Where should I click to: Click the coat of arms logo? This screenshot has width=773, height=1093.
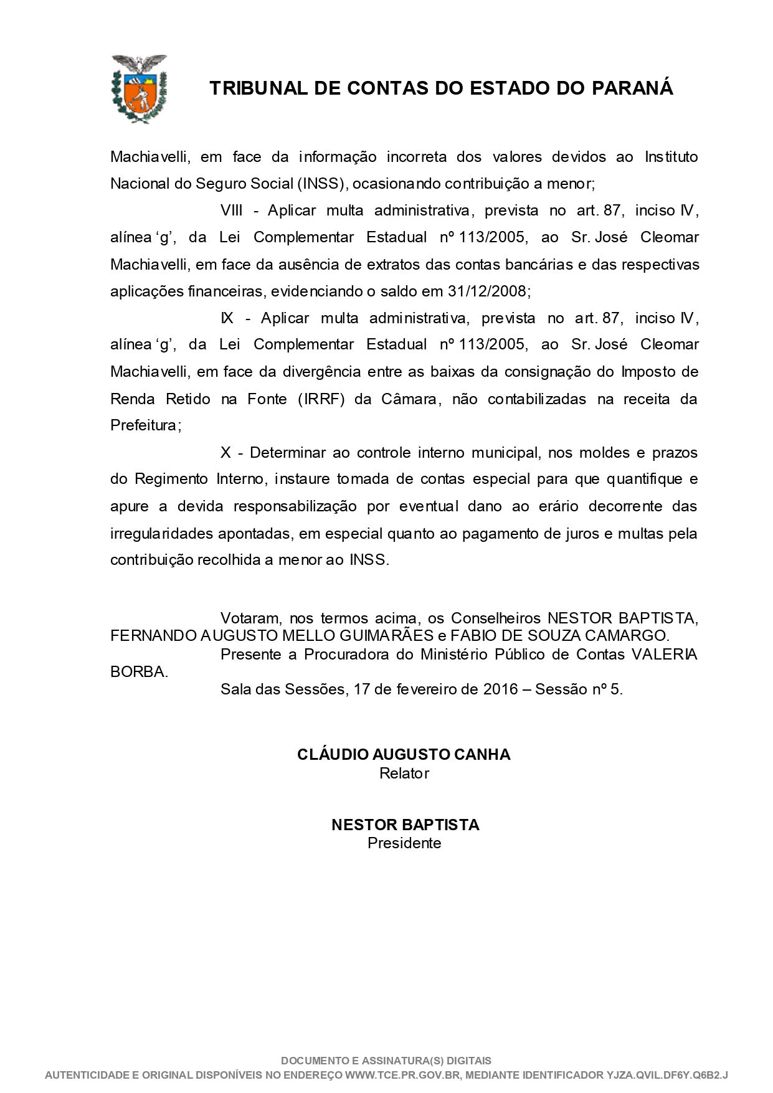138,88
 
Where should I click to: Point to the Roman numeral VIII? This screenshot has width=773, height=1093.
232,211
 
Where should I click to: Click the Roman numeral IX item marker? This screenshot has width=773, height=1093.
227,318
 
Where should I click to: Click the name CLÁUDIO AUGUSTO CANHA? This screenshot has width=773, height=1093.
404,754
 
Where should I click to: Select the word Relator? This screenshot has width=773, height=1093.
404,773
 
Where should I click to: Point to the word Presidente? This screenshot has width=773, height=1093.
404,843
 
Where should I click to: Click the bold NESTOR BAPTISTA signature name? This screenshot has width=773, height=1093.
405,825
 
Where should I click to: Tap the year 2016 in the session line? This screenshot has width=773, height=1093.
500,689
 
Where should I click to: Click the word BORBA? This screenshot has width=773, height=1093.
138,673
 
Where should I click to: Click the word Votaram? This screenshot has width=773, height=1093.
249,618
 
